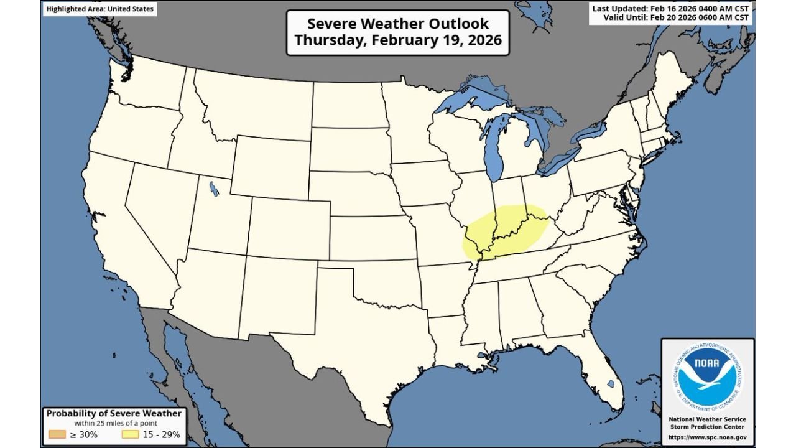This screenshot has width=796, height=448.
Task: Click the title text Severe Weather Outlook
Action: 398,24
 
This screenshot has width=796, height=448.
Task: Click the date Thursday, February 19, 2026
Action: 398,40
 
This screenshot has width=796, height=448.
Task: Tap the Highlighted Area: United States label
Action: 100,9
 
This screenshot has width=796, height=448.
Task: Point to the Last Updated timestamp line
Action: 671,8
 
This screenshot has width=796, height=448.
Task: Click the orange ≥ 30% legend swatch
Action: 57,434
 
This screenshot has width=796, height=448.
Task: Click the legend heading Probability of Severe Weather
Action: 114,413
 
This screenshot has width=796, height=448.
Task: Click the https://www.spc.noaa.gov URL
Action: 708,437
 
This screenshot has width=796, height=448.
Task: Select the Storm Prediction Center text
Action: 708,426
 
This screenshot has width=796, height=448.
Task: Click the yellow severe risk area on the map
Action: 504,233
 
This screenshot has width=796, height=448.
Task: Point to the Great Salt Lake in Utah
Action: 214,188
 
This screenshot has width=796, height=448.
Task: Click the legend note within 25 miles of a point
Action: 114,423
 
